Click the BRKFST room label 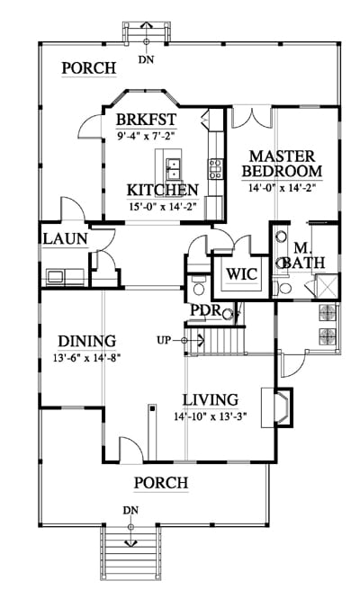[146, 120]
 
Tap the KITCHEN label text [162, 190]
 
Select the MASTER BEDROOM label [282, 164]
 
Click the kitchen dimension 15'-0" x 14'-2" [163, 206]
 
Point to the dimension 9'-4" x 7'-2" [146, 136]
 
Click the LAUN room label [66, 239]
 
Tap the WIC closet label [241, 274]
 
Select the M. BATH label [303, 255]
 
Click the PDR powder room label [205, 310]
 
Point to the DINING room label [87, 341]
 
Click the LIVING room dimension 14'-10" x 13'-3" [210, 416]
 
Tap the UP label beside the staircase [164, 340]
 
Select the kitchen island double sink [173, 169]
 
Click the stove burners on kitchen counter [216, 169]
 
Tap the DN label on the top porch [146, 59]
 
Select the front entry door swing [130, 450]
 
